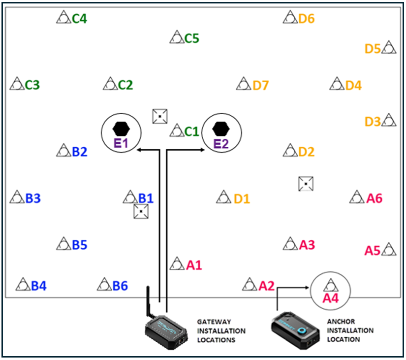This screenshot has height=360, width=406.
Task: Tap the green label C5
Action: [x=191, y=38]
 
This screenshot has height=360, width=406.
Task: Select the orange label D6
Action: [x=306, y=19]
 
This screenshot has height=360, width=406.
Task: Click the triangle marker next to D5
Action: [x=389, y=48]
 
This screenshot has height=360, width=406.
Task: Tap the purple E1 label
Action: [x=121, y=144]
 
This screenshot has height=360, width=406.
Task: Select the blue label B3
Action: [x=33, y=199]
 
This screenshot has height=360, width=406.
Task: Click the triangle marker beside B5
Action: [x=64, y=243]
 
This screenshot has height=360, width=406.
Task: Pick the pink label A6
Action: [x=374, y=198]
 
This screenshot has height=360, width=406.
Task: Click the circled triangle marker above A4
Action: [x=330, y=285]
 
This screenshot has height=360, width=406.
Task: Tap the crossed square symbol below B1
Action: [x=141, y=212]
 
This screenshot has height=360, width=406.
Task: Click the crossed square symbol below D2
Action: [x=306, y=184]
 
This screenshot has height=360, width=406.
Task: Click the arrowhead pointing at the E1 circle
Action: [x=139, y=149]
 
